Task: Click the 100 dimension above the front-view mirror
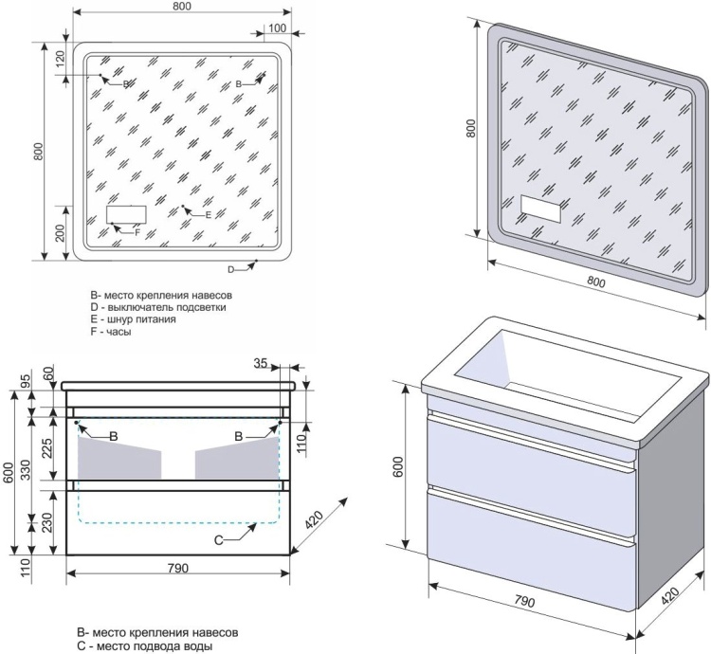tap(277, 27)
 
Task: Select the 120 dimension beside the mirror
tap(60, 60)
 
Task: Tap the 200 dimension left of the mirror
tap(60, 234)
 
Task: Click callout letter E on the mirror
tap(208, 215)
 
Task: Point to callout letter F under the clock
tap(137, 232)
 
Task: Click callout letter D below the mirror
tap(230, 269)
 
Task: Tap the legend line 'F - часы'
tap(111, 333)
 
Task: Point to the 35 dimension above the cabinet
tap(261, 362)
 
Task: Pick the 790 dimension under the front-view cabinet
tap(178, 568)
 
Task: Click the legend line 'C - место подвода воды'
tap(145, 645)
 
